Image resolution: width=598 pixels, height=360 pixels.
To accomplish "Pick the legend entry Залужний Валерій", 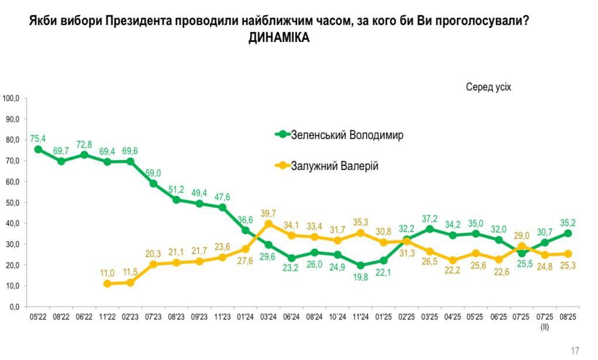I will click(x=335, y=167).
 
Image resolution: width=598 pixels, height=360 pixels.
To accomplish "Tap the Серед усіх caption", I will click(x=488, y=87).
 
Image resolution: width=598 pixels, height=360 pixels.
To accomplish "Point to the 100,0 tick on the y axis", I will click(x=11, y=98).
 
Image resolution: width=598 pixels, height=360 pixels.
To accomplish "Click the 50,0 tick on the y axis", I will click(x=12, y=202).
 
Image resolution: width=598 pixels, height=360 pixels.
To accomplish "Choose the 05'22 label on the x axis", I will click(x=38, y=318).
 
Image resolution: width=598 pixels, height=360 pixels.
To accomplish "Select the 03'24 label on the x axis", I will click(x=268, y=318).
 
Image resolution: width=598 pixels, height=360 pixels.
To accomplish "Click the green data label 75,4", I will click(x=38, y=139).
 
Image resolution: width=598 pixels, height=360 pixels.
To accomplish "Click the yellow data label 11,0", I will click(x=107, y=272).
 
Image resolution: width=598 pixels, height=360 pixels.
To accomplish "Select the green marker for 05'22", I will click(x=38, y=149).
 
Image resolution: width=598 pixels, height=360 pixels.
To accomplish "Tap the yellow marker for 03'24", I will click(x=268, y=224).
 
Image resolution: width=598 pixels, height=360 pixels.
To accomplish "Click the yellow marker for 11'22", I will click(x=107, y=284).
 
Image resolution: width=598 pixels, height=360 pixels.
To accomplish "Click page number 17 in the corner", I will click(x=575, y=351).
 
